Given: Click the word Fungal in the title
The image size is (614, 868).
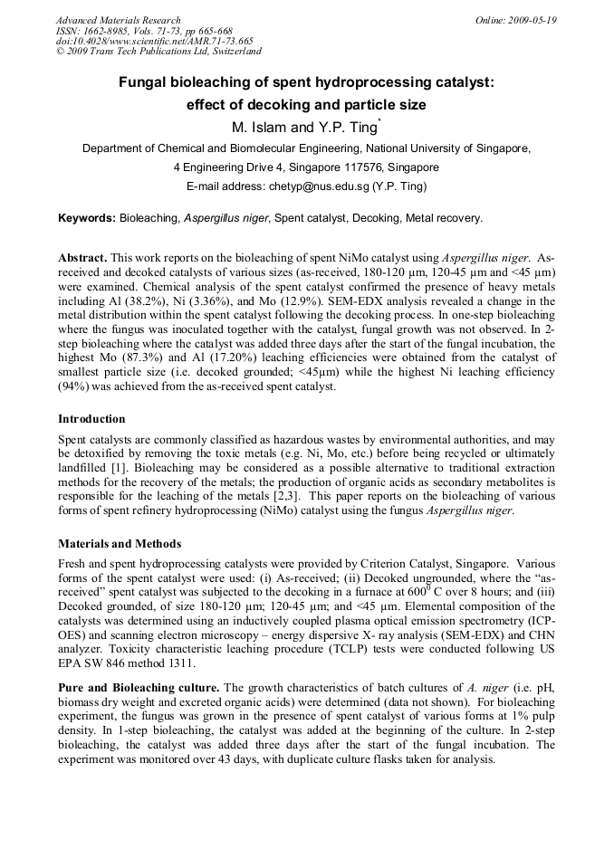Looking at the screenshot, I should tap(147, 82).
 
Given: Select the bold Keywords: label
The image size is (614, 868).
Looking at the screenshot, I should tap(87, 218).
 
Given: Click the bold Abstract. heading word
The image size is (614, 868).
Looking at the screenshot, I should tap(82, 258).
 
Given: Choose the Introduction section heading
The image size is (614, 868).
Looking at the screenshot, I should tap(91, 419).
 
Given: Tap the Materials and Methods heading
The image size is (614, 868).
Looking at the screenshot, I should tap(120, 544).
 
